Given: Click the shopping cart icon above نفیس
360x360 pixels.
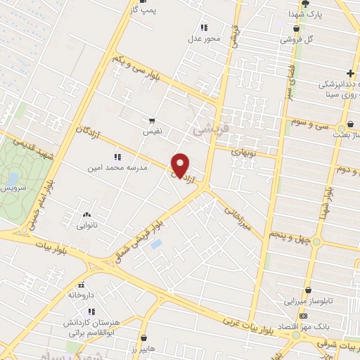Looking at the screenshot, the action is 153,120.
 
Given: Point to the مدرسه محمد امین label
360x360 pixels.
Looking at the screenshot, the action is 116,168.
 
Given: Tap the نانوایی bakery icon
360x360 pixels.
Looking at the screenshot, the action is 86,215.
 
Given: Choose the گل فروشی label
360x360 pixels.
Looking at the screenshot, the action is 297,39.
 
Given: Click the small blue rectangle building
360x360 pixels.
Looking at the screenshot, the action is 156,243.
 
